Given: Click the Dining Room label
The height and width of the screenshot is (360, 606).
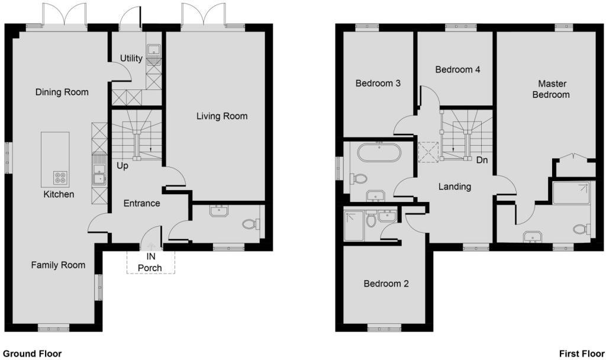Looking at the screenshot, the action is (x=62, y=92).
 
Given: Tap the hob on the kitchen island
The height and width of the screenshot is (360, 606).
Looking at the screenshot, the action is (x=60, y=178).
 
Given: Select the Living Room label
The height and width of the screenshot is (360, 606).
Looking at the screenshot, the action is (x=222, y=116).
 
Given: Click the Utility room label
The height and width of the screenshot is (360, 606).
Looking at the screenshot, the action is (x=131, y=59).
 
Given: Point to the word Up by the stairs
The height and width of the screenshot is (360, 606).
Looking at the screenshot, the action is (x=123, y=166).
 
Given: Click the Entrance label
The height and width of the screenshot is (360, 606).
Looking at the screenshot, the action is (x=142, y=204).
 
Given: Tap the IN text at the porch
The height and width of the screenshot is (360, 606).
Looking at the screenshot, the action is (x=151, y=256).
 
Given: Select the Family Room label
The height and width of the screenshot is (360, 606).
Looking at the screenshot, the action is (x=58, y=265).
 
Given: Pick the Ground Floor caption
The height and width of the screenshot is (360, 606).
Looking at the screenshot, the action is (x=32, y=353).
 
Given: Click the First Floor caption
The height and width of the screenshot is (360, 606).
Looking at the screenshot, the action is (x=582, y=353).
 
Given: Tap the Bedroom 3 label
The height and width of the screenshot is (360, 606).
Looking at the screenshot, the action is (x=378, y=83).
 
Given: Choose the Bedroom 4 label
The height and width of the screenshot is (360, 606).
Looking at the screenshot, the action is (x=457, y=70).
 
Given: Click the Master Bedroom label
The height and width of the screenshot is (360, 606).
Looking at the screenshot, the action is (x=551, y=89).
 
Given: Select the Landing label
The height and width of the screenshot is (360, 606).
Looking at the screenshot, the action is (x=455, y=187).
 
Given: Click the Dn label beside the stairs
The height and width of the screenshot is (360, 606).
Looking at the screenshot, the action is (x=482, y=160).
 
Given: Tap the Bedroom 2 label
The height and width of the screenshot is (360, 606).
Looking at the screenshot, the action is (x=386, y=284).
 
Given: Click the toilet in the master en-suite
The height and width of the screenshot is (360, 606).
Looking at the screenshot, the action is (x=582, y=229).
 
